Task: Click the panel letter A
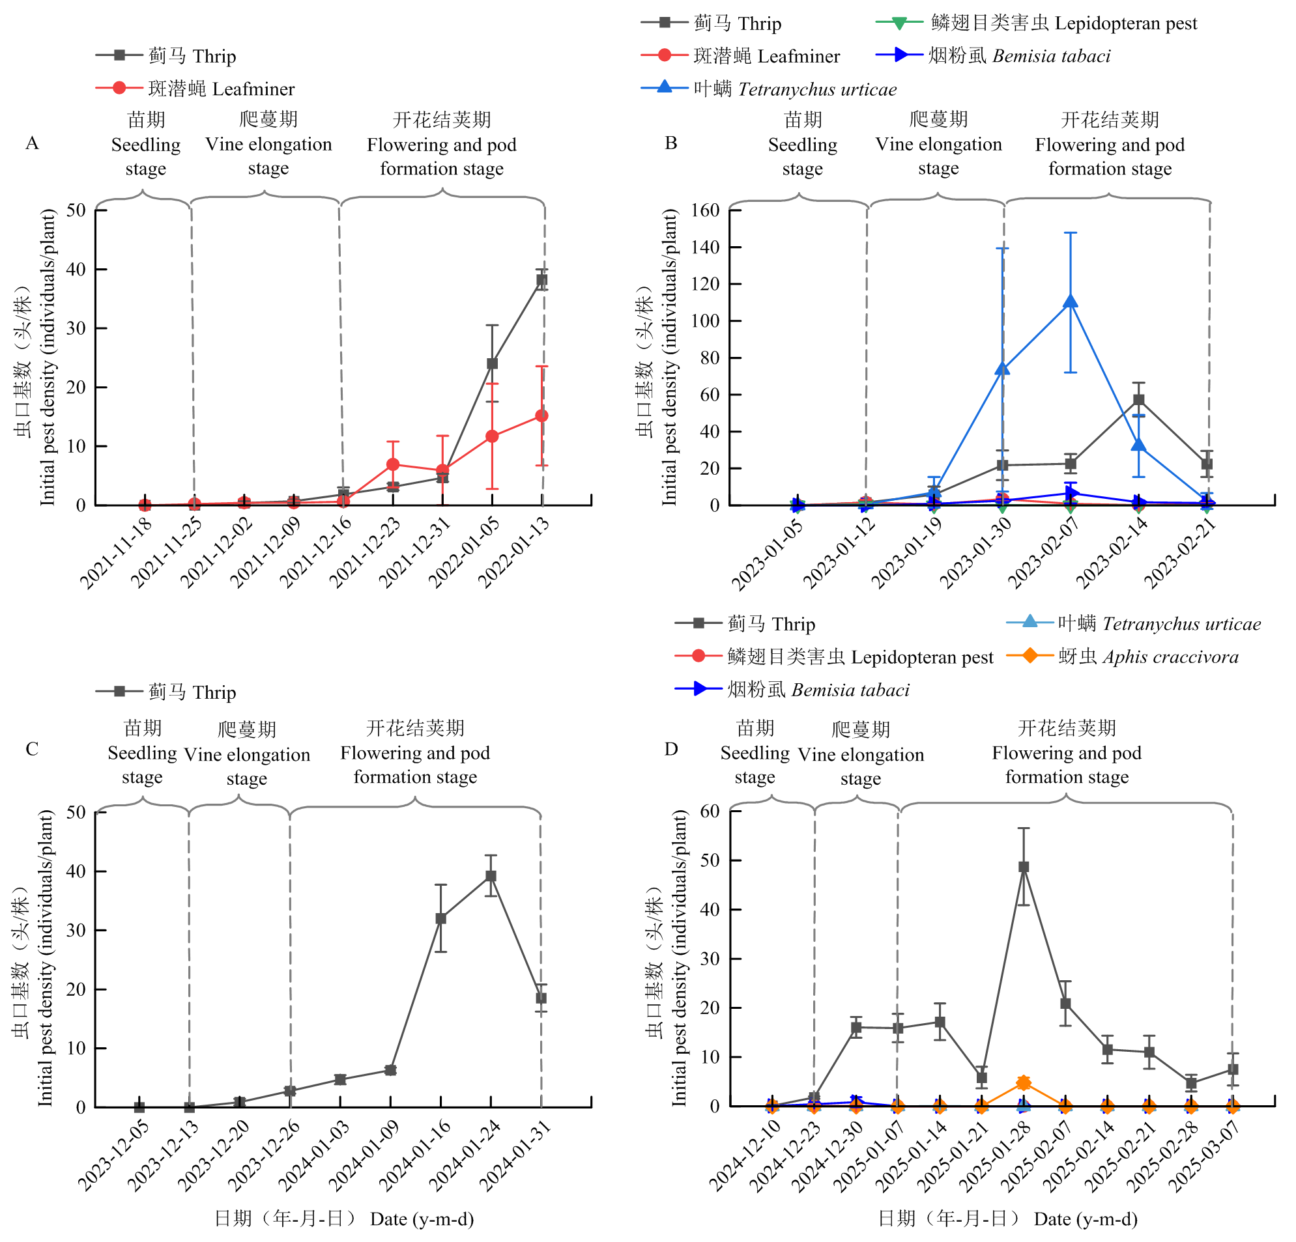click(32, 143)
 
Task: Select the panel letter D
click(671, 748)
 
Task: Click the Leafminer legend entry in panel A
click(195, 89)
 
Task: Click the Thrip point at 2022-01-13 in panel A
click(541, 280)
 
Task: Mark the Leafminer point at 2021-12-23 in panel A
click(393, 464)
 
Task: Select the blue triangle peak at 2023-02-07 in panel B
click(1071, 302)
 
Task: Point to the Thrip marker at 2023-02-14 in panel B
click(1138, 400)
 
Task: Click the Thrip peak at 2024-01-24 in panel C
click(491, 876)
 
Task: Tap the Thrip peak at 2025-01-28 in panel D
click(1024, 867)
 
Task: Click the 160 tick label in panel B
click(706, 210)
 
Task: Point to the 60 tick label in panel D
click(710, 811)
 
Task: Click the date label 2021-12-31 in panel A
click(416, 552)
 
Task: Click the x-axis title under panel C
click(344, 1218)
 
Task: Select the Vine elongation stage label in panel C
click(247, 754)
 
